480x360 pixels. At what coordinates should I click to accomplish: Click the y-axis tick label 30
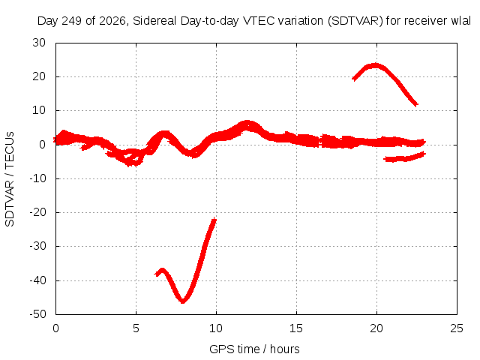tap(39, 43)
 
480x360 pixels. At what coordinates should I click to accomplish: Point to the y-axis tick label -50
tap(37, 314)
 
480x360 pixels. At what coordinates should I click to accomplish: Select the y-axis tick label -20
tap(37, 212)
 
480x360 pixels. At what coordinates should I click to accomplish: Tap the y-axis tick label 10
tap(39, 110)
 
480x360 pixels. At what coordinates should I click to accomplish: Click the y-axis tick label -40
tap(37, 280)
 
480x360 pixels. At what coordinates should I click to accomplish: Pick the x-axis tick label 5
tap(136, 328)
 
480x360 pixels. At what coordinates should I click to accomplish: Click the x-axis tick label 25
tap(457, 328)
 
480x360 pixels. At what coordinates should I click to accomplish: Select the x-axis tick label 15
tap(296, 328)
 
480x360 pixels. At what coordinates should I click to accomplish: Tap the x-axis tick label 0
tap(55, 328)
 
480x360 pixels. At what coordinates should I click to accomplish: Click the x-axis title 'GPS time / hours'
tap(254, 349)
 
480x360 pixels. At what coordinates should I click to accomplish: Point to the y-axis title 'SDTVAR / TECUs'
tap(10, 179)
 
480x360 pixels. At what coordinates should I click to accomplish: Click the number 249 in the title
tap(72, 21)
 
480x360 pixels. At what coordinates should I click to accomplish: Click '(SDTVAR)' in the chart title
tap(355, 21)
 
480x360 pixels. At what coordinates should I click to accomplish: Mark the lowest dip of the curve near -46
tap(183, 301)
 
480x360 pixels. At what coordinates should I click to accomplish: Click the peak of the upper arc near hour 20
tap(375, 65)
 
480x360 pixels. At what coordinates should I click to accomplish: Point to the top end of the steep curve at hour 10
tap(214, 220)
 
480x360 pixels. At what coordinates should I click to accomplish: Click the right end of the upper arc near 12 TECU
tap(416, 105)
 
